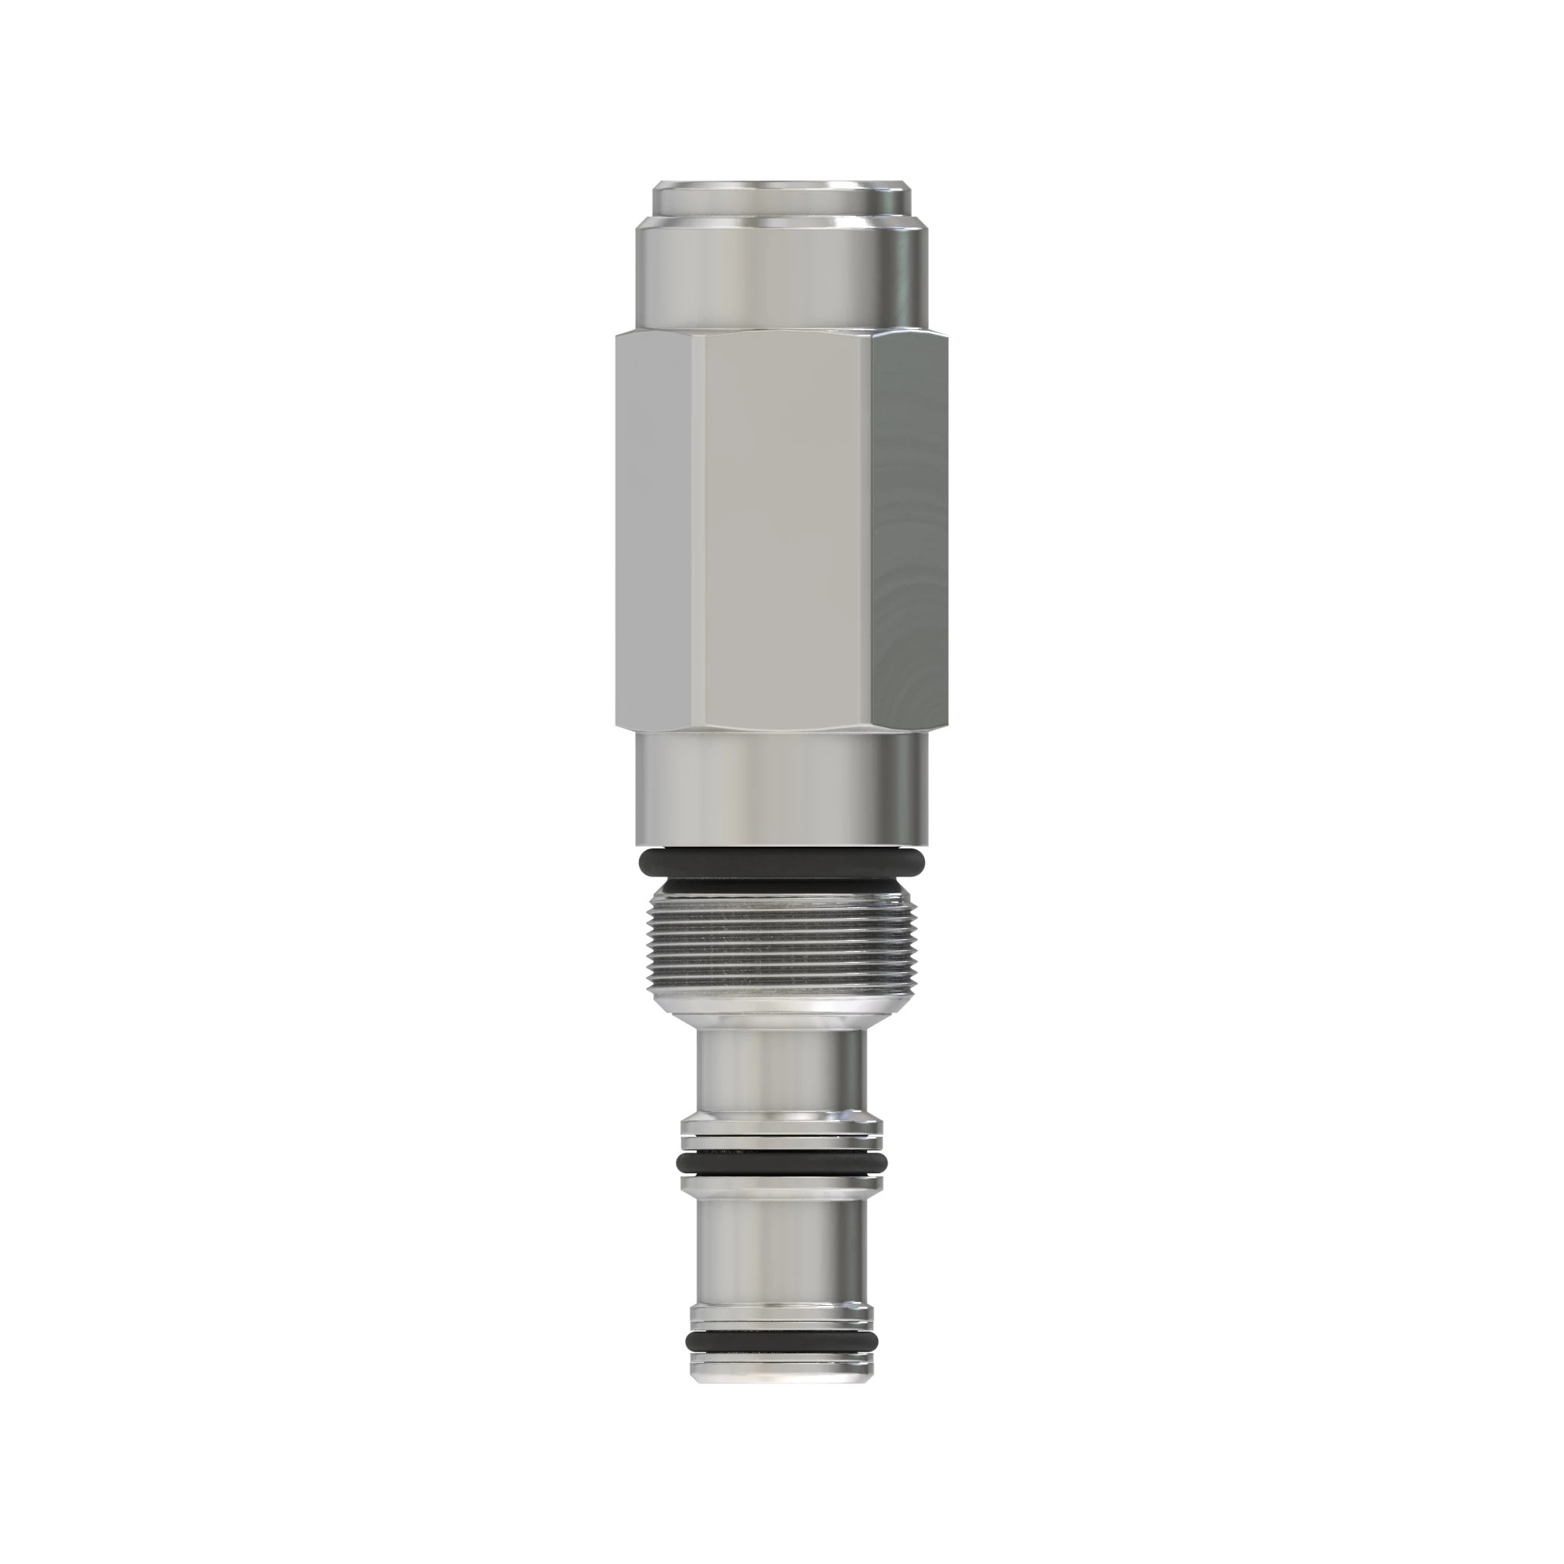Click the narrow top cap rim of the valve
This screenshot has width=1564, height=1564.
781,196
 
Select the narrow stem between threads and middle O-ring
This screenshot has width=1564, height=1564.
781,1068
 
